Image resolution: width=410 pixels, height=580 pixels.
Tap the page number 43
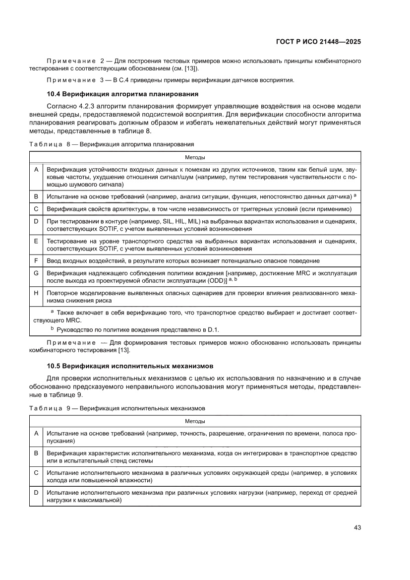[x=356, y=527]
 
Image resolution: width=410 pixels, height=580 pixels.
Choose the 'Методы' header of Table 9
[x=195, y=421]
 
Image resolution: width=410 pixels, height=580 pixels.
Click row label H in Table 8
[x=36, y=293]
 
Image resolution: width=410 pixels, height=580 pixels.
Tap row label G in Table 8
[x=36, y=273]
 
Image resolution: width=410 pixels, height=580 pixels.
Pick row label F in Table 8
[x=36, y=260]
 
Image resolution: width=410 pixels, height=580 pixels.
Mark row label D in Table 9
[x=36, y=493]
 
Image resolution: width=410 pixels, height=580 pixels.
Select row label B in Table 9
[x=36, y=453]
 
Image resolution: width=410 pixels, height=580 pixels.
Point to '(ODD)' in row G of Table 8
[x=217, y=281]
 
